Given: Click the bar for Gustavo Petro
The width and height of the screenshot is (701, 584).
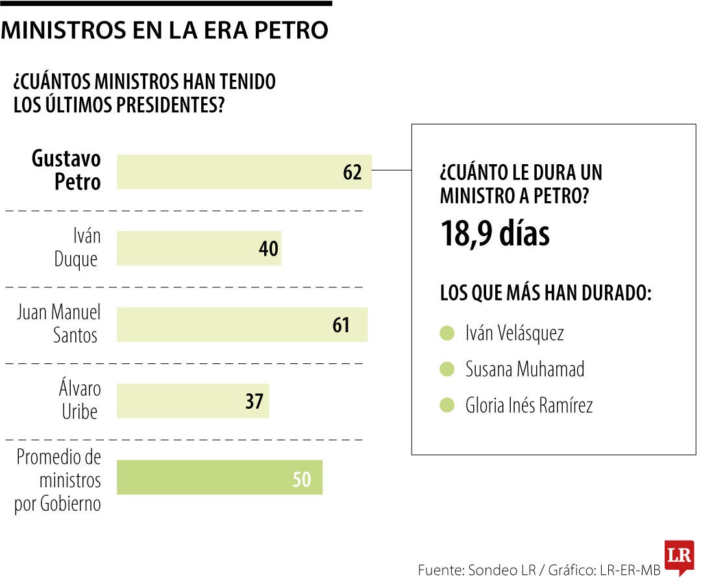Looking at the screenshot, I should [x=244, y=172].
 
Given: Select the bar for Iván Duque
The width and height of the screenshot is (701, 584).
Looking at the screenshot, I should [x=199, y=249].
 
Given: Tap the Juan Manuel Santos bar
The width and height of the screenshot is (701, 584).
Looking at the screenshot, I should [x=242, y=324].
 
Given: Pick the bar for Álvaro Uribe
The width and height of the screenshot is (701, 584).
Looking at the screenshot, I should [x=193, y=401].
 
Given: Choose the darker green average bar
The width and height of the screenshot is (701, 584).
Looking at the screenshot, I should [x=219, y=478].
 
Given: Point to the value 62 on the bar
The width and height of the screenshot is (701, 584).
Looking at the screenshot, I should [x=352, y=173].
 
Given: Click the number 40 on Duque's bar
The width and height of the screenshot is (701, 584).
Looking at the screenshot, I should [x=268, y=249].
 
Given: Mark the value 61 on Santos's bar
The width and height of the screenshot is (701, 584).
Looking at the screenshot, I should [x=341, y=325].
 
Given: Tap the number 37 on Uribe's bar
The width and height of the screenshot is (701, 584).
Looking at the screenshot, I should [x=254, y=402].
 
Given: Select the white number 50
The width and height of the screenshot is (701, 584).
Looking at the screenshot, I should [x=302, y=479].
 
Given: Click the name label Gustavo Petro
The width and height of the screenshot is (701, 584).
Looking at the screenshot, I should [x=66, y=171].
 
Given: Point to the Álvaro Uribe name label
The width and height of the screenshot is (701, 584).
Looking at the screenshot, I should [x=79, y=400].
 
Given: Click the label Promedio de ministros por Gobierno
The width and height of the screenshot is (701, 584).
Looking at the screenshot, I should [x=58, y=480].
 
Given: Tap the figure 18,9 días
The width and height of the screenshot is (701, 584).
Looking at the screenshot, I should [x=495, y=234].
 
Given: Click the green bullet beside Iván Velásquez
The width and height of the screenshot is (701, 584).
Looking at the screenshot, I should [x=447, y=334].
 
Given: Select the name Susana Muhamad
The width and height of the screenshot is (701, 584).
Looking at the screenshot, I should [x=524, y=369].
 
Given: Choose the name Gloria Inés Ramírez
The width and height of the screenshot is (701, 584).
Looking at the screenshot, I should [x=529, y=406].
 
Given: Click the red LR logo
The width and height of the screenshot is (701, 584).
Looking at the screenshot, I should [x=679, y=557].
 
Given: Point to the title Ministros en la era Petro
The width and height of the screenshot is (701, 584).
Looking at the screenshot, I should [x=165, y=30].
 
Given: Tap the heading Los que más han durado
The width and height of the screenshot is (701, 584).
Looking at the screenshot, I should [x=545, y=293].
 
